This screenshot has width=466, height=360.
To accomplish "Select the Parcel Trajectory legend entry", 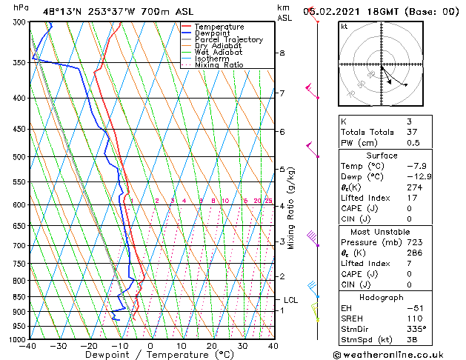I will pos(228,40).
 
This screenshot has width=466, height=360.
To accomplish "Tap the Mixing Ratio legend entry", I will pos(219,65).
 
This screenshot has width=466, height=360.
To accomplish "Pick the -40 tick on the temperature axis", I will pos(28,346).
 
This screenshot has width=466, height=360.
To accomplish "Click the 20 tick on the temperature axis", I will pos(212,346).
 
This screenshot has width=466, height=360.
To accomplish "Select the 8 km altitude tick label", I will pos(282,53).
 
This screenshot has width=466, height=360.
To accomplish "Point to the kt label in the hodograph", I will pos(344,26).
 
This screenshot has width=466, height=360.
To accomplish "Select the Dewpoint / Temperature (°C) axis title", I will pos(150,355).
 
